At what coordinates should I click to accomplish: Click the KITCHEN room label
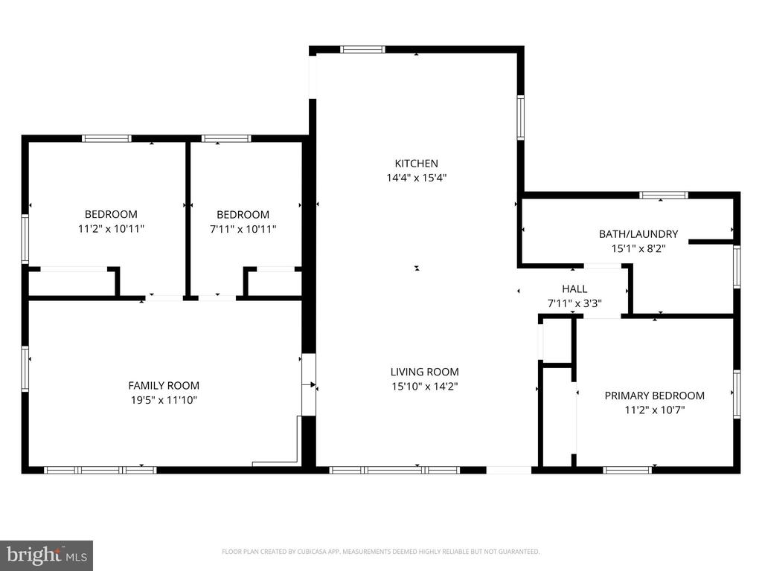coord(416,164)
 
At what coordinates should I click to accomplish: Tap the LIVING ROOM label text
coord(425,372)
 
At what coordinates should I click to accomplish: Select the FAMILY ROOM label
coord(164,386)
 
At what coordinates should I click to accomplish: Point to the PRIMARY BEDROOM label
coord(655,396)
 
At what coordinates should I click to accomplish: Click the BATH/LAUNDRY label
coord(638,234)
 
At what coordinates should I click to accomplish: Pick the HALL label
coord(574,289)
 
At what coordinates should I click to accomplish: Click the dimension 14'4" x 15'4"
coord(417,178)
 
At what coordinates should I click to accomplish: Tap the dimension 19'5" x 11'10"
coord(164,400)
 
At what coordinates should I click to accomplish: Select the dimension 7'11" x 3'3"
coord(575,303)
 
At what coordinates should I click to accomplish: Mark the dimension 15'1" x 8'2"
coord(638,248)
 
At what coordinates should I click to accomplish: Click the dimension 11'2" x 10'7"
coord(655,410)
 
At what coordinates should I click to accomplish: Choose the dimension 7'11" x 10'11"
coord(243,229)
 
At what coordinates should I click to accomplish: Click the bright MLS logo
coord(47,555)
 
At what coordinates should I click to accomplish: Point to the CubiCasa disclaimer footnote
coord(380,552)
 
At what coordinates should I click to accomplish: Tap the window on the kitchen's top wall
coord(362,49)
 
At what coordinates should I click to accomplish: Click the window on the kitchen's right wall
coord(520,117)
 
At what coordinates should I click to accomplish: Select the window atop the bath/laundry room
coord(664,196)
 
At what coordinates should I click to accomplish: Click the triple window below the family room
coord(100,470)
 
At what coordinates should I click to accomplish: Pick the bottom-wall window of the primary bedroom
coord(627,470)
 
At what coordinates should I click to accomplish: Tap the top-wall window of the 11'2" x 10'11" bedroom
coord(107,138)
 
